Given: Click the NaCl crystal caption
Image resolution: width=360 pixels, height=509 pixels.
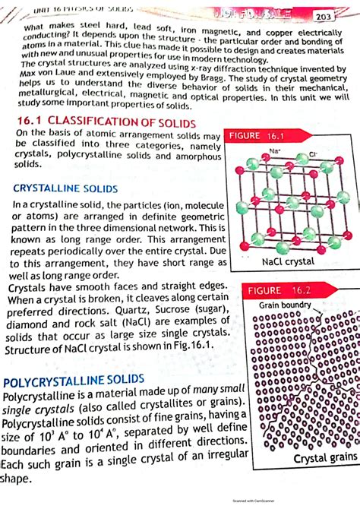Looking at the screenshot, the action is click(x=288, y=261).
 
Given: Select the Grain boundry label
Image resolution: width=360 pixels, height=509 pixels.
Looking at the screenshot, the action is click(x=285, y=305).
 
